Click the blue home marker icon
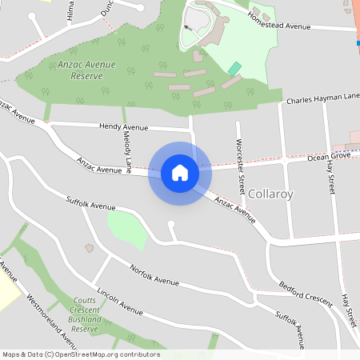pyautogui.click(x=180, y=172)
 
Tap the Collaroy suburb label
pyautogui.click(x=271, y=194)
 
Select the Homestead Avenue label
pyautogui.click(x=278, y=22)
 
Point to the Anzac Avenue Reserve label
pyautogui.click(x=86, y=70)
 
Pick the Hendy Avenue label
pyautogui.click(x=124, y=126)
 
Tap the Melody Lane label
pyautogui.click(x=127, y=152)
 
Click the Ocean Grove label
pyautogui.click(x=329, y=158)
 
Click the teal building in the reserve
pyautogui.click(x=234, y=70)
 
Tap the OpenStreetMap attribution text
pyautogui.click(x=81, y=354)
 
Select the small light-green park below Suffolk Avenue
pyautogui.click(x=126, y=229)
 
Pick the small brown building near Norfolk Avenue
pyautogui.click(x=90, y=248)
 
